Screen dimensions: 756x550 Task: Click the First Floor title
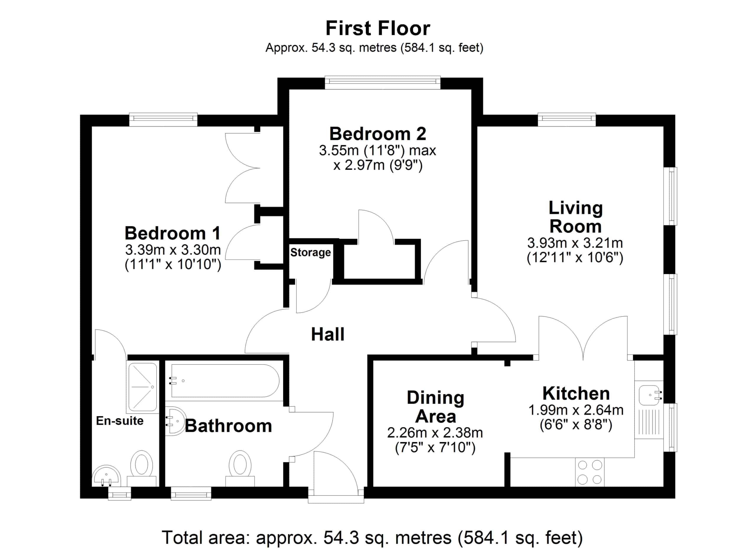tap(378, 29)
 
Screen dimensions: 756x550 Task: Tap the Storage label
tap(310, 252)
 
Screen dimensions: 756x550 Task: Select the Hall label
tap(328, 334)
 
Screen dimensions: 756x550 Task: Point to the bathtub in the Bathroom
tap(225, 381)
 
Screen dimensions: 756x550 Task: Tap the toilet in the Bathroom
tap(240, 468)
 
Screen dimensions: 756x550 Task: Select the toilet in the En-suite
tap(142, 468)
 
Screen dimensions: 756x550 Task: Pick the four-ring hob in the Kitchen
tap(590, 472)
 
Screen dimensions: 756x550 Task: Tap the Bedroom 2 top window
tap(383, 83)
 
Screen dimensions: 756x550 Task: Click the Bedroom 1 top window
tap(163, 120)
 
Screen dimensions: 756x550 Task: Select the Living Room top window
tap(567, 120)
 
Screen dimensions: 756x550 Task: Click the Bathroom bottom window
tap(191, 493)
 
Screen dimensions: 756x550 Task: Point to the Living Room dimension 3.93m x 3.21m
tap(575, 243)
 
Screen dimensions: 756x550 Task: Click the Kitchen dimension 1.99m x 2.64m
tap(576, 410)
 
